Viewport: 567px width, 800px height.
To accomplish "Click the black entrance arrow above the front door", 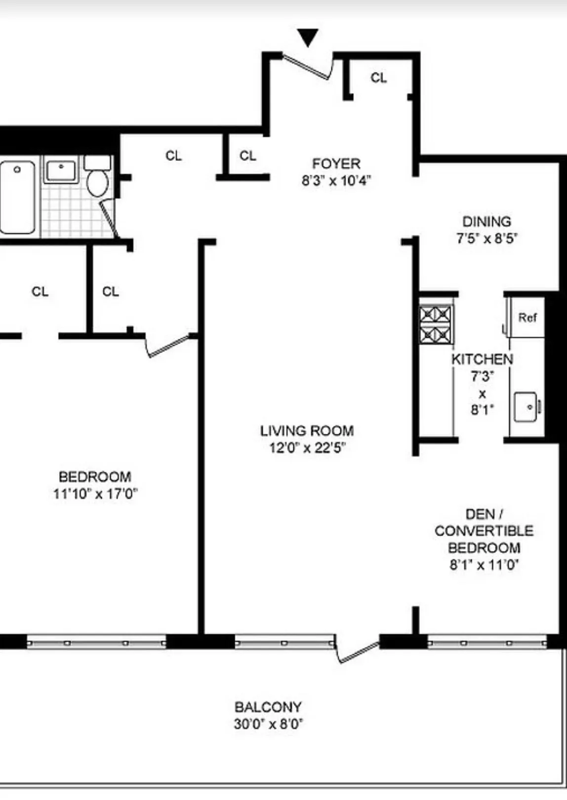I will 307,38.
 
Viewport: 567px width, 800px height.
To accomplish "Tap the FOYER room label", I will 336,163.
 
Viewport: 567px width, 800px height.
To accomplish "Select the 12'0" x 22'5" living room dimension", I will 307,448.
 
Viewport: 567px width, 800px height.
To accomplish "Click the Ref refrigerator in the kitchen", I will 527,317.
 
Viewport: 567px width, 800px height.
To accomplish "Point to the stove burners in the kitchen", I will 436,324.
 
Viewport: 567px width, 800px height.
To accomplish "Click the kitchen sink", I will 526,407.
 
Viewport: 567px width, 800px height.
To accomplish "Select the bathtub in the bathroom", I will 17,197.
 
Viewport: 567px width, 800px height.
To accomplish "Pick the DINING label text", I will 486,222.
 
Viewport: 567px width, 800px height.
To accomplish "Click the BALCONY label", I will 268,707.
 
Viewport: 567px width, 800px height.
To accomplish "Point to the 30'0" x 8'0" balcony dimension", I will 268,724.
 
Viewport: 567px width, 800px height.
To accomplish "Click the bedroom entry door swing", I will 168,346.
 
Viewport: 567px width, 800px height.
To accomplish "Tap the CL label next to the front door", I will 378,77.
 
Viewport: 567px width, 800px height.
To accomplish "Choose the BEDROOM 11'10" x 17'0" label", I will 95,485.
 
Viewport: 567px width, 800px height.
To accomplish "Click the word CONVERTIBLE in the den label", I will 484,531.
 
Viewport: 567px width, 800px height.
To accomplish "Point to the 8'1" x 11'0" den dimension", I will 484,565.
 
